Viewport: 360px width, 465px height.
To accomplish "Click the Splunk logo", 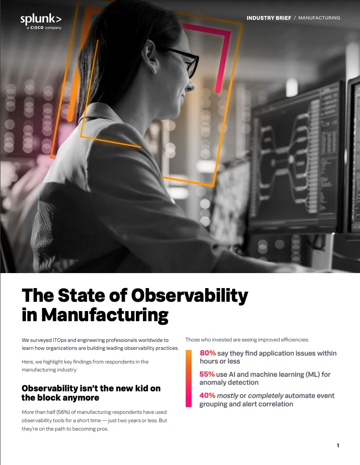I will tap(41, 19).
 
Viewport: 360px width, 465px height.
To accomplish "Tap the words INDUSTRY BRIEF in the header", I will tap(269, 18).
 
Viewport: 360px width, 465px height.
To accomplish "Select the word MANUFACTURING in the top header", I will tap(319, 18).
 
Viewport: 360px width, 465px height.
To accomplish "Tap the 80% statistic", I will tap(207, 353).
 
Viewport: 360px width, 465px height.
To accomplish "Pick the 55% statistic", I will tap(207, 374).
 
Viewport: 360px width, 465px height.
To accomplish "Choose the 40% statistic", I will tap(207, 395).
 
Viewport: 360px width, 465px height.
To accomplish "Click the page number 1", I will tap(338, 446).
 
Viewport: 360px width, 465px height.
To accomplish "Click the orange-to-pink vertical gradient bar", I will tap(188, 378).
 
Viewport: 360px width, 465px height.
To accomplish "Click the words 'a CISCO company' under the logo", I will tap(41, 27).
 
